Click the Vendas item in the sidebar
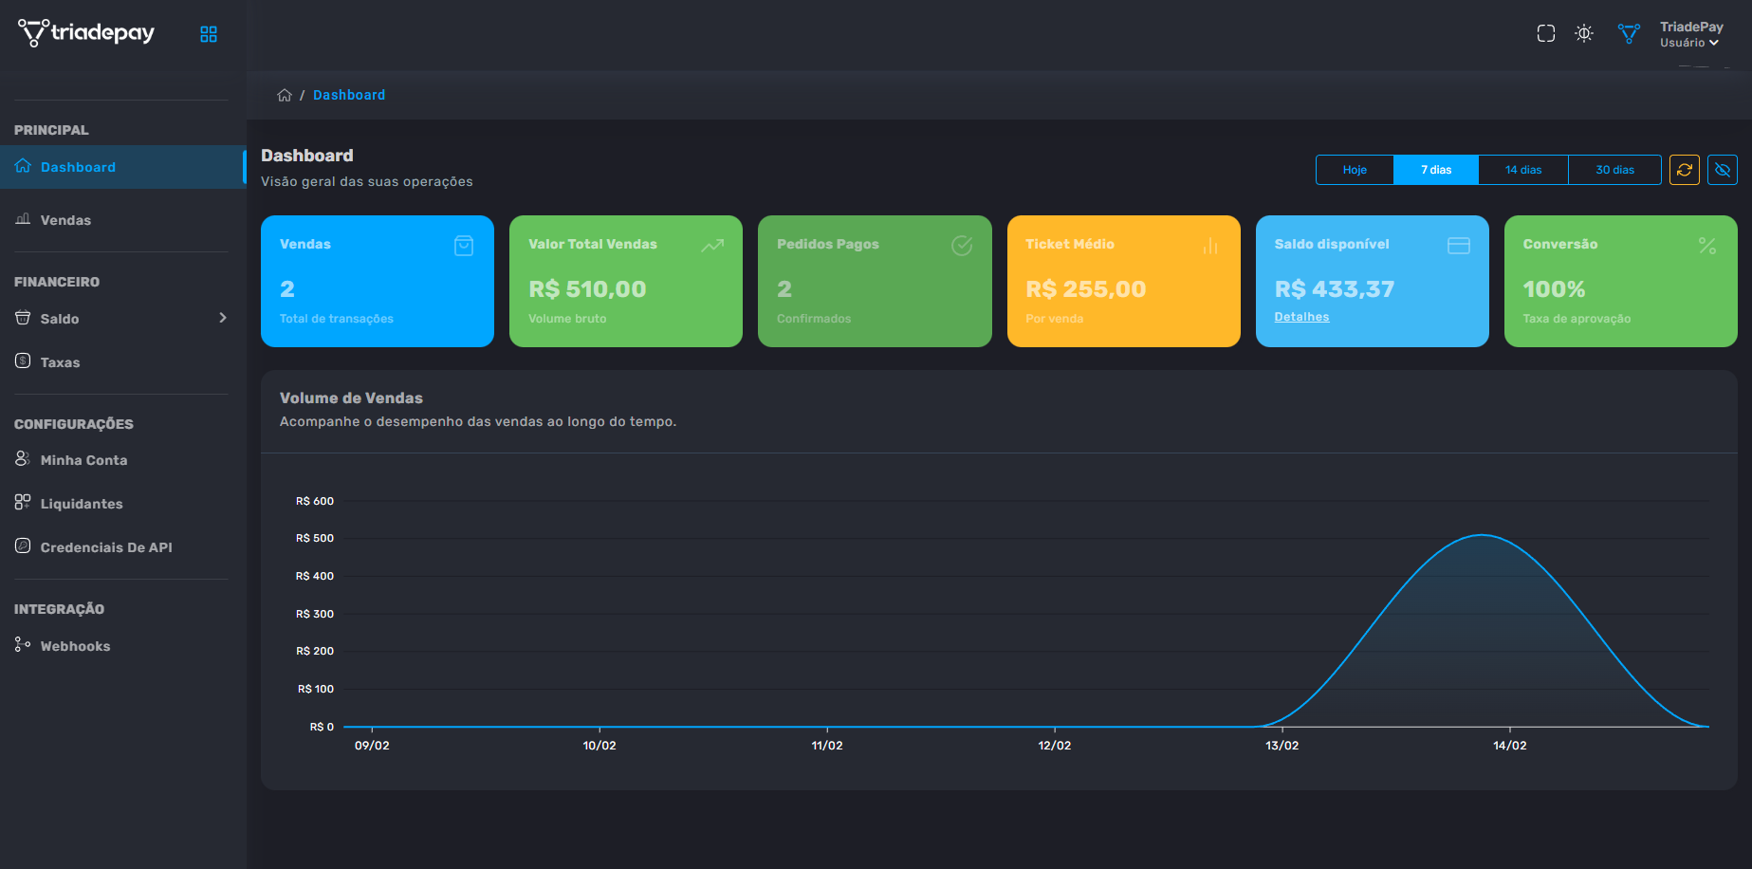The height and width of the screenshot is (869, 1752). click(x=65, y=220)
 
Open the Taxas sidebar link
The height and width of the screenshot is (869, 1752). click(x=60, y=362)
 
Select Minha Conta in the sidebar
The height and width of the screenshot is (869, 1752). click(x=83, y=460)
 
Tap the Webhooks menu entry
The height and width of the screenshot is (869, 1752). click(x=75, y=646)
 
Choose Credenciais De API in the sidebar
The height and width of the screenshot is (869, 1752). click(x=106, y=547)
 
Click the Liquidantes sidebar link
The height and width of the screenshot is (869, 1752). click(x=82, y=504)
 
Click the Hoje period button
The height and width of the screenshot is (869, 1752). click(x=1355, y=170)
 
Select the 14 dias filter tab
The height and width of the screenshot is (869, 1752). click(x=1522, y=170)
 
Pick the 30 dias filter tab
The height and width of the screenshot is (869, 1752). click(x=1614, y=170)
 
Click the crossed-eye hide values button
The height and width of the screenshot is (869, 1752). click(x=1722, y=170)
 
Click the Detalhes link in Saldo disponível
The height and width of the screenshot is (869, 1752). click(x=1301, y=317)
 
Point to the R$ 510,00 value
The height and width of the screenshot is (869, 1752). click(x=587, y=288)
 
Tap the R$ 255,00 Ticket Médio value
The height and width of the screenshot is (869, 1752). click(x=1085, y=288)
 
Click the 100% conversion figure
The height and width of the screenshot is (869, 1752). click(x=1554, y=288)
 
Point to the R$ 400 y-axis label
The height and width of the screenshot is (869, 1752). click(x=315, y=576)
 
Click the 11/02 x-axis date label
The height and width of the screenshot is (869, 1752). click(x=826, y=746)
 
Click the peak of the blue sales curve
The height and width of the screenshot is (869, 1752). click(x=1482, y=536)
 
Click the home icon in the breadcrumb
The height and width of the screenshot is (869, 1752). click(x=284, y=95)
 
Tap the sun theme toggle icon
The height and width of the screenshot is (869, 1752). click(x=1583, y=34)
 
